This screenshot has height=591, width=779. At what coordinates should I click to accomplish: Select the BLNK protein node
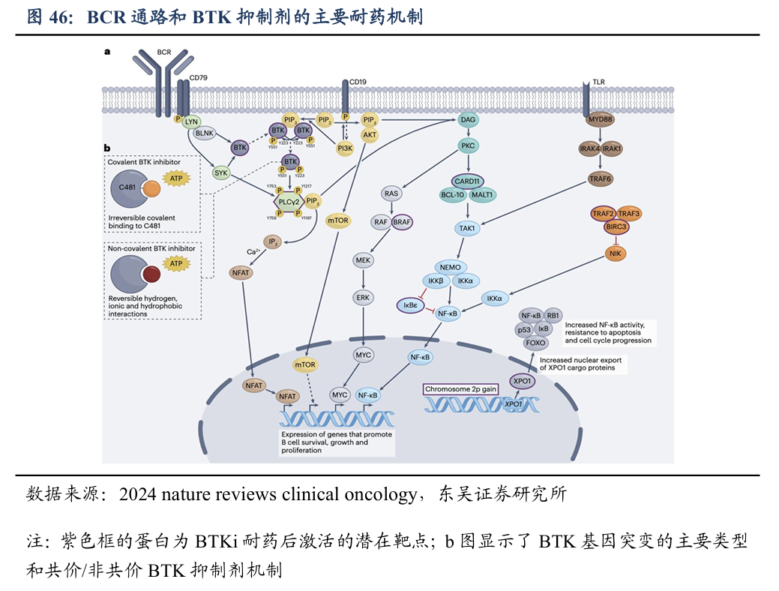[205, 133]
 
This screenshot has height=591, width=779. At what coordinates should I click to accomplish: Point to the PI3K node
[346, 148]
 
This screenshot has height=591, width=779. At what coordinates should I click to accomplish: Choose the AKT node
[370, 135]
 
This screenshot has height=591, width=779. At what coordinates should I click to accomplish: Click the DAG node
[469, 120]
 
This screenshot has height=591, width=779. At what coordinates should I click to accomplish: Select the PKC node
[469, 145]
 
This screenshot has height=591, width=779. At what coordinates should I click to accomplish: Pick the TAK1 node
[469, 228]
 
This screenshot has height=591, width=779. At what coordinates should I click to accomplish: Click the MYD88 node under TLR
[601, 120]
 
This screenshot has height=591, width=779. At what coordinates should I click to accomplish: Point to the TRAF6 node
[601, 178]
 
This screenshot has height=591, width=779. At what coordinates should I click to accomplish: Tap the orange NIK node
[616, 253]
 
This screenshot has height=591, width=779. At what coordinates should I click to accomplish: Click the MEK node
[364, 260]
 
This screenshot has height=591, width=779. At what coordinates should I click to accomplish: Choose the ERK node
[364, 297]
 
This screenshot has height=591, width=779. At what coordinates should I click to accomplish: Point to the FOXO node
[536, 343]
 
